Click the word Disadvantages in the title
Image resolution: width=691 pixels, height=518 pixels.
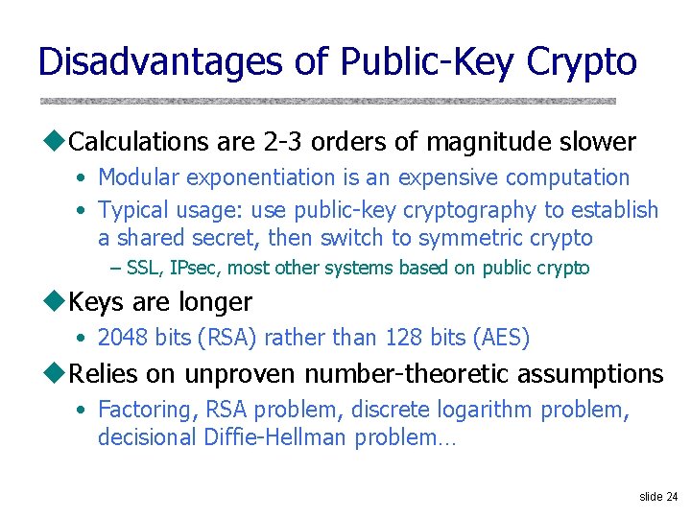pos(160,61)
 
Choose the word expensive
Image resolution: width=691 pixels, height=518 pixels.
pos(447,177)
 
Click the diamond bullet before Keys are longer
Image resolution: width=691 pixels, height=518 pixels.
pos(53,301)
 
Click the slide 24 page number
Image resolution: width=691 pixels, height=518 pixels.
pos(657,496)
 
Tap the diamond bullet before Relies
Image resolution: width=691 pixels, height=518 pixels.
pos(53,373)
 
